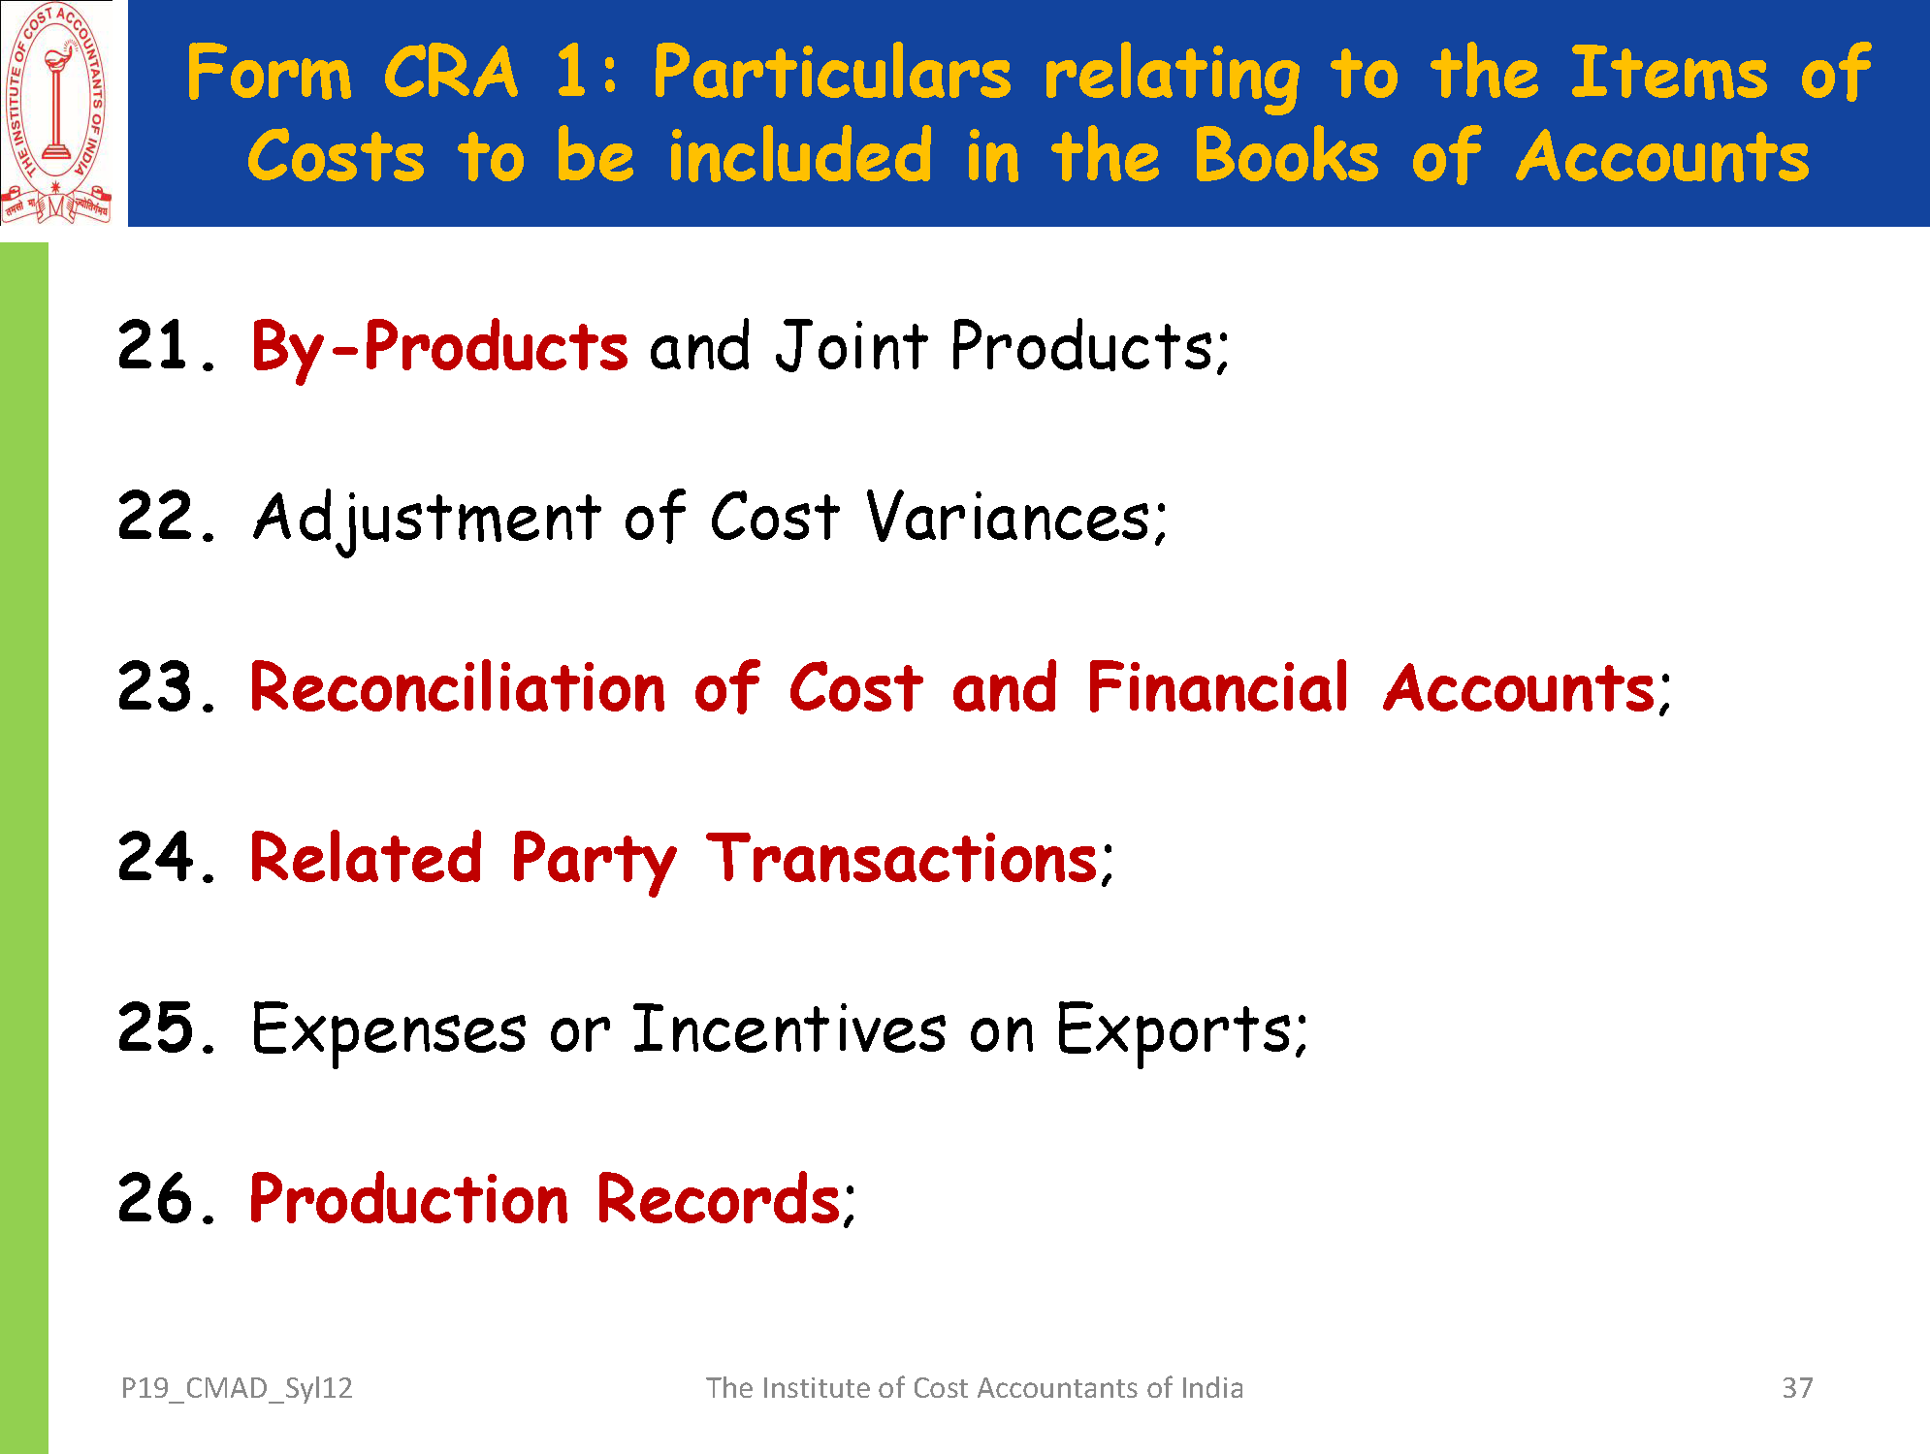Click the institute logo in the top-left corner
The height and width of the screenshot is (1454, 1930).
(x=56, y=113)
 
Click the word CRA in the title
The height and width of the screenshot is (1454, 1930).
(x=451, y=73)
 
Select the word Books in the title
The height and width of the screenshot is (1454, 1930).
(x=1286, y=156)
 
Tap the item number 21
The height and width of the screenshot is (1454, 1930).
(x=165, y=346)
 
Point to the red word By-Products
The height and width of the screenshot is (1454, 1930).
(x=439, y=348)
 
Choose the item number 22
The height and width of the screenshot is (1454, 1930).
(x=166, y=516)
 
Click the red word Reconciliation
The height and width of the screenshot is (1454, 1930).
(x=458, y=687)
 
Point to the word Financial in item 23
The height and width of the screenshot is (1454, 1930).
(x=1218, y=687)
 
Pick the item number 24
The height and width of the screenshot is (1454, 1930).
(x=166, y=857)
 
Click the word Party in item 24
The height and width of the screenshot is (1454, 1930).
(x=594, y=861)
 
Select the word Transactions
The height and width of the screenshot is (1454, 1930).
(x=902, y=859)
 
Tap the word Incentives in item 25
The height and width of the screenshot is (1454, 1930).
(x=789, y=1028)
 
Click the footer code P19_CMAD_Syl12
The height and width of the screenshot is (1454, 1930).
(x=237, y=1389)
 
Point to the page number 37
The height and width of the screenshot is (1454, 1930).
(x=1797, y=1388)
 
